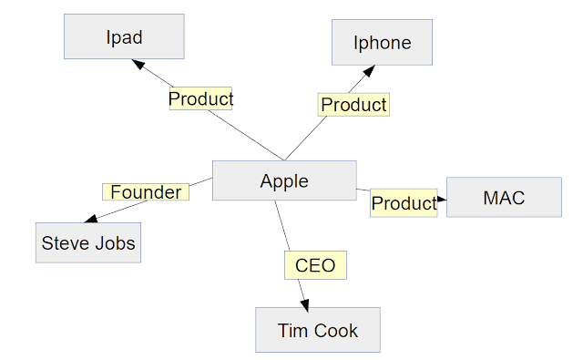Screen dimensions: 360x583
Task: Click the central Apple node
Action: [x=284, y=180]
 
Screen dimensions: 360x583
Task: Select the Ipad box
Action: [x=124, y=37]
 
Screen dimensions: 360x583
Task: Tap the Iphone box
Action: [x=382, y=42]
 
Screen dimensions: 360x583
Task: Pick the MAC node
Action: [x=504, y=197]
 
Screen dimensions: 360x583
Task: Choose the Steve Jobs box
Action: [x=88, y=243]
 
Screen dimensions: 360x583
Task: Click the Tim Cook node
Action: [x=318, y=330]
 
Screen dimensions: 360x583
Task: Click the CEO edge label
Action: [x=315, y=266]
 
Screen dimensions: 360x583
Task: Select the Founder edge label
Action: [x=146, y=192]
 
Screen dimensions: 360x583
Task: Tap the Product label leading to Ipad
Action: [x=200, y=98]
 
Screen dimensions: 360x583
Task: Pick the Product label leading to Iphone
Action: [x=353, y=105]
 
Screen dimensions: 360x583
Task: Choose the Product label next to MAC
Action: [x=404, y=202]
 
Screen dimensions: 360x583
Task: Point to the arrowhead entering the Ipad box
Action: [x=138, y=65]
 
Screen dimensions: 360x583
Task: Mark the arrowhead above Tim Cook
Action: [x=305, y=302]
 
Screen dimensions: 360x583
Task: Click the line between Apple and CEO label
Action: [x=284, y=225]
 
